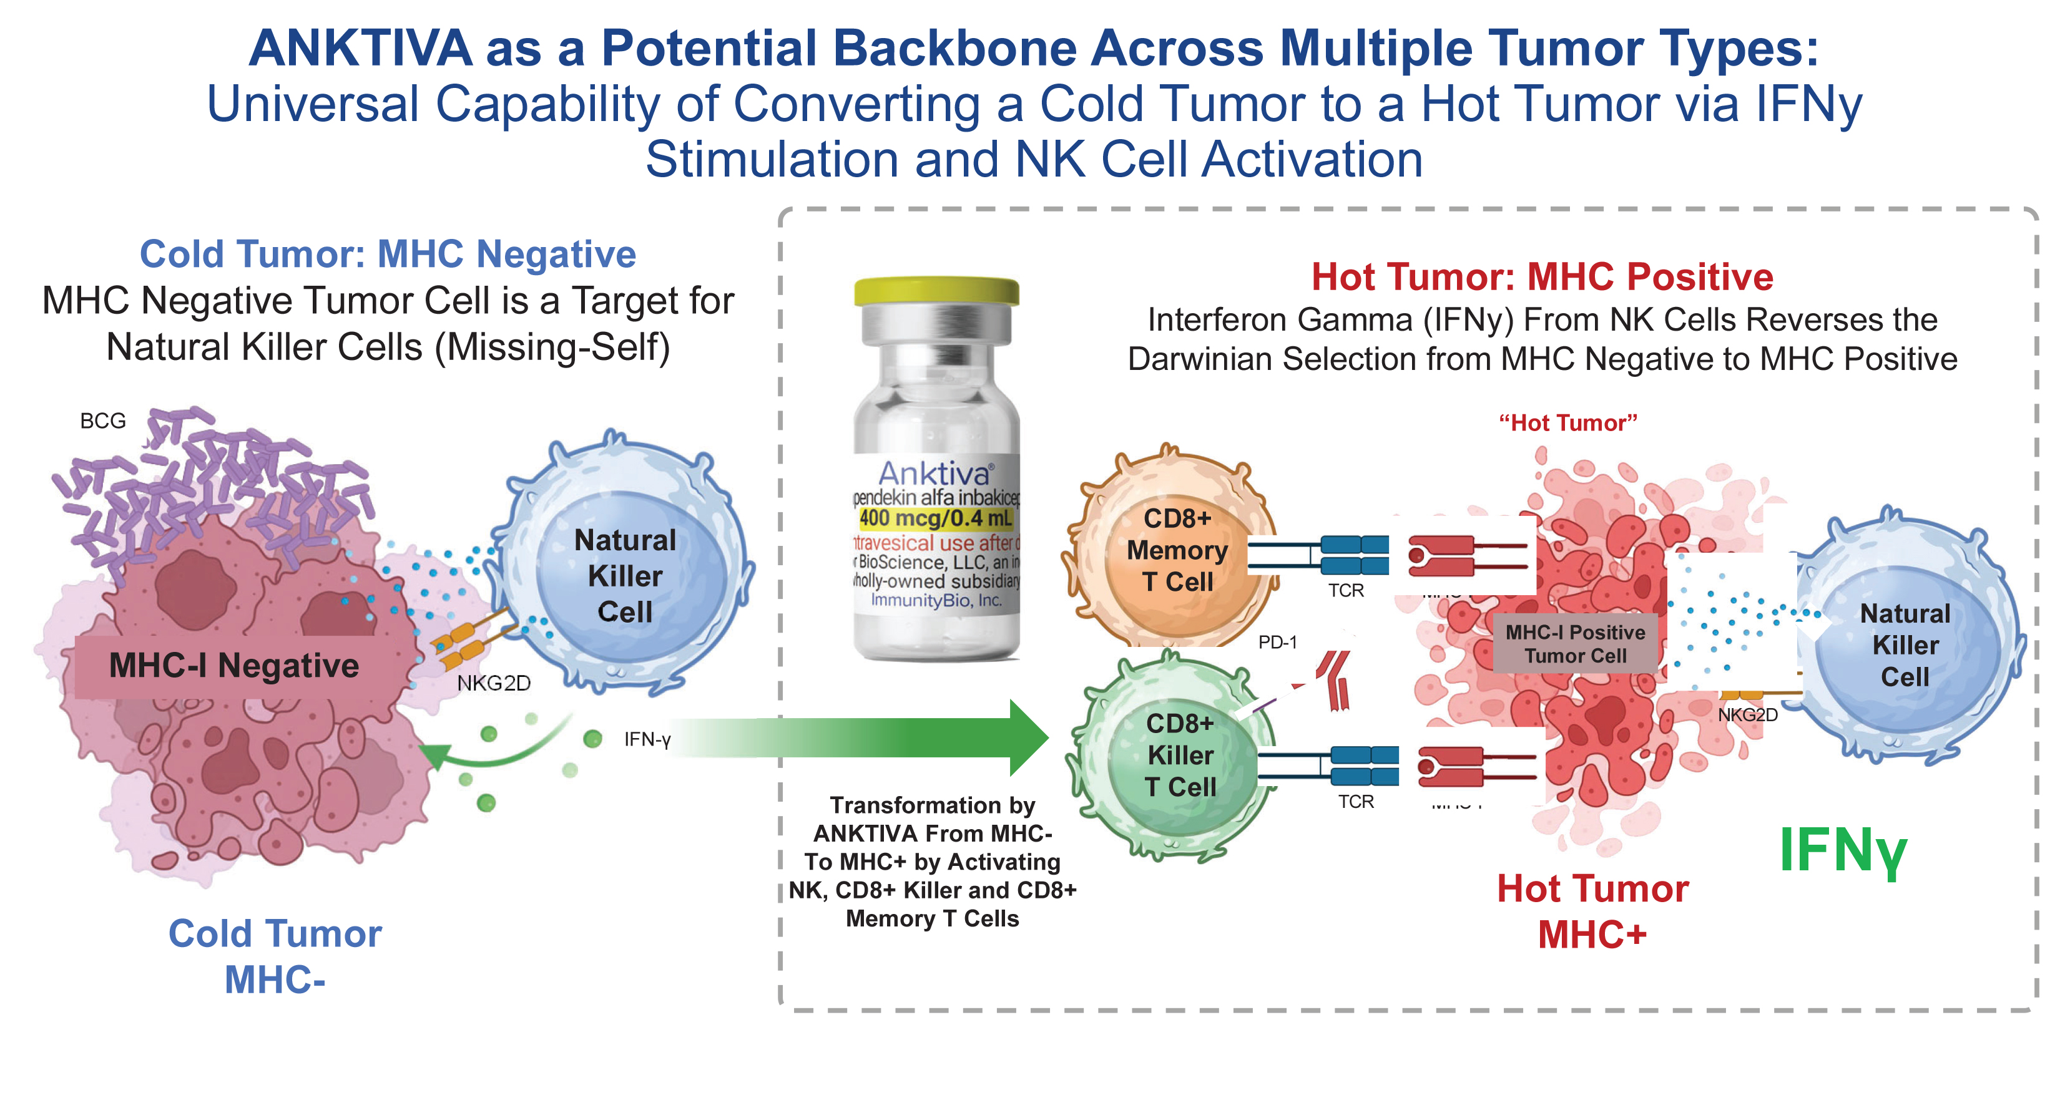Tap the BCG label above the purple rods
[x=103, y=420]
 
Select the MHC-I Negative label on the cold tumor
[x=233, y=666]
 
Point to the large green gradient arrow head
[x=1028, y=737]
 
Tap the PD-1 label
[x=1277, y=642]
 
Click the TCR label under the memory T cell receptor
[x=1346, y=591]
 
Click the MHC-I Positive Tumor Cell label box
[x=1574, y=644]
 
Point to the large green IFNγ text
[x=1843, y=850]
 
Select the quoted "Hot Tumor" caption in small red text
[x=1567, y=423]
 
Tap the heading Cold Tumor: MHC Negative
[x=388, y=254]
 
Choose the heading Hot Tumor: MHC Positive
[x=1542, y=276]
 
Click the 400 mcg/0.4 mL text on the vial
[x=936, y=518]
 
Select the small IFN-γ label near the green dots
[x=647, y=739]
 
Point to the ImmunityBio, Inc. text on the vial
[x=936, y=600]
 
